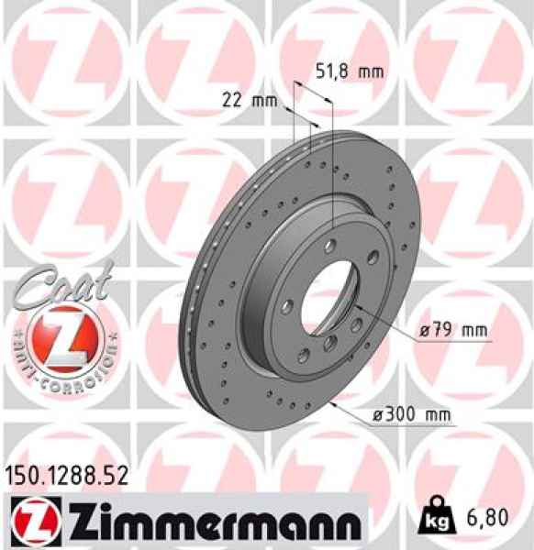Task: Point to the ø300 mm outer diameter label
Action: [411, 415]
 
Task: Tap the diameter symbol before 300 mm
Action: [376, 416]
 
